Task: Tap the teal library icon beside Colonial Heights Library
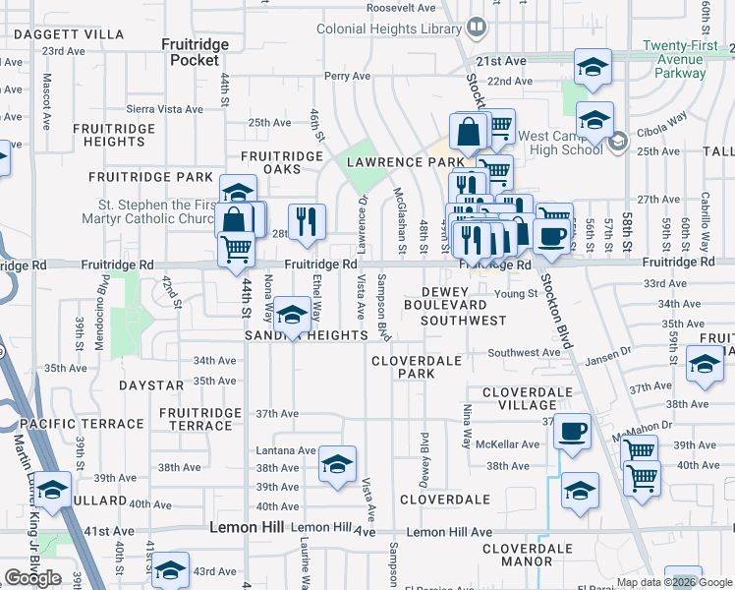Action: pyautogui.click(x=477, y=27)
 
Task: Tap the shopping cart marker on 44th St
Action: pyautogui.click(x=236, y=250)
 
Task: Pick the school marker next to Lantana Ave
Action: pyautogui.click(x=337, y=464)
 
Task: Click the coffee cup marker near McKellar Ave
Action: pyautogui.click(x=573, y=431)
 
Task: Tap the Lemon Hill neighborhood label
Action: pyautogui.click(x=248, y=528)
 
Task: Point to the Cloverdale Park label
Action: pyautogui.click(x=417, y=368)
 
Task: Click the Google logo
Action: pyautogui.click(x=32, y=577)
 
